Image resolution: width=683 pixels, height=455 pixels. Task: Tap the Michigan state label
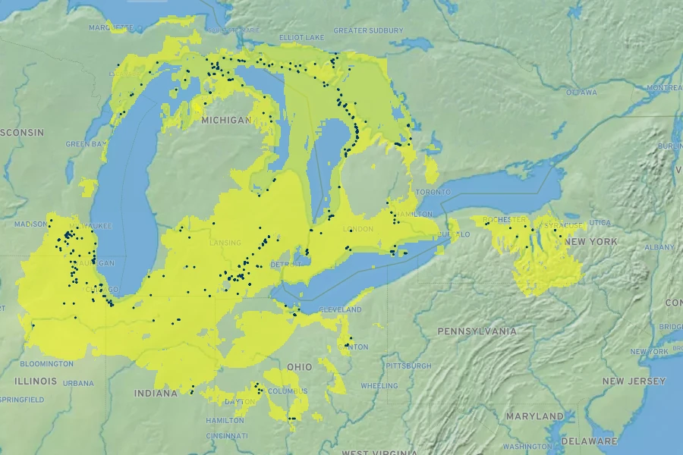(x=225, y=121)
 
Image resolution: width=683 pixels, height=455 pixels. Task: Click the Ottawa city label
(x=581, y=93)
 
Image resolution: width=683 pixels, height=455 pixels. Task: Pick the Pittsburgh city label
(x=408, y=366)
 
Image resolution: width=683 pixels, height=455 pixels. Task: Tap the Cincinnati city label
(x=227, y=436)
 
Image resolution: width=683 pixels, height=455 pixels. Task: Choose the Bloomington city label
(x=48, y=364)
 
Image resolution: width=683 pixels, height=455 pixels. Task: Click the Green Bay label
(x=83, y=144)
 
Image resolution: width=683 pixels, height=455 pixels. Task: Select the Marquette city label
(x=111, y=27)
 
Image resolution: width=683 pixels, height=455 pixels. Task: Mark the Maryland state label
(x=535, y=416)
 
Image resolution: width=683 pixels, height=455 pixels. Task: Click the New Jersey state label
(x=634, y=381)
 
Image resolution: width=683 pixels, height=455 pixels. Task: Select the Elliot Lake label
(x=301, y=36)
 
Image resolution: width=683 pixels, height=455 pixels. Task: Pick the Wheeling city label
(x=379, y=386)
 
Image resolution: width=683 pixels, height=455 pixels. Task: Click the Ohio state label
(x=299, y=367)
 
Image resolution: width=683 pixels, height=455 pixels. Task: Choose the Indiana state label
(x=156, y=394)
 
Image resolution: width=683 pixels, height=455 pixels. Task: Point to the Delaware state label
(x=590, y=441)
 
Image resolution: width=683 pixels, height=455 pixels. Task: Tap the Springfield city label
(x=21, y=399)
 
